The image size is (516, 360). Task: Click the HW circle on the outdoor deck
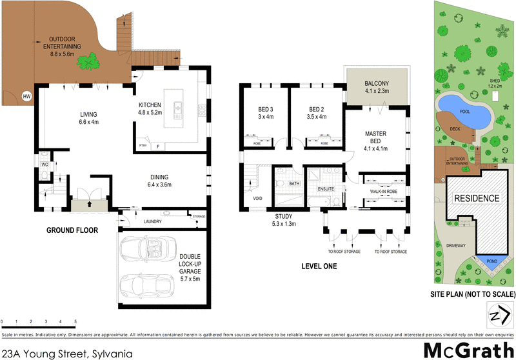(26, 96)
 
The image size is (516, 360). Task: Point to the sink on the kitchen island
(176, 108)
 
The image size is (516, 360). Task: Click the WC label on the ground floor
(45, 165)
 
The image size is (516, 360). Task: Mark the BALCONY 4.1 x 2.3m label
(376, 87)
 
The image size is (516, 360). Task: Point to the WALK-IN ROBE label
(382, 191)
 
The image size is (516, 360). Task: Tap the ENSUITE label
(326, 188)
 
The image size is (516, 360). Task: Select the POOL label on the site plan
(463, 111)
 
